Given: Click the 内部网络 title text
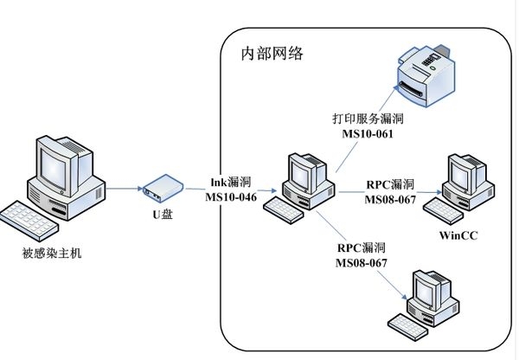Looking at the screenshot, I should pyautogui.click(x=272, y=54).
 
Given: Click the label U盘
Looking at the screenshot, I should pyautogui.click(x=162, y=214).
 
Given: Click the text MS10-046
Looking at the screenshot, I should pyautogui.click(x=230, y=196).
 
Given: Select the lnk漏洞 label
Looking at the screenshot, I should pyautogui.click(x=231, y=182).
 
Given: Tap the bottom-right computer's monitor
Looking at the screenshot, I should pyautogui.click(x=432, y=289).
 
